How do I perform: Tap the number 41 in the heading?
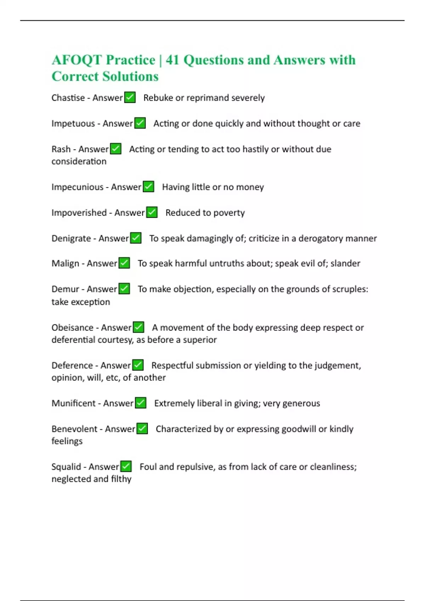172,60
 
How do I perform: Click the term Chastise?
68,98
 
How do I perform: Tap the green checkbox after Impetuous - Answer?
140,123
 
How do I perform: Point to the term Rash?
61,149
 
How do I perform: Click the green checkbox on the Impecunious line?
148,186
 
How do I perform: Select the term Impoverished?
79,212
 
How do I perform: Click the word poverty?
229,213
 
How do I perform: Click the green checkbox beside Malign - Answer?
124,263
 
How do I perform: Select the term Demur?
65,289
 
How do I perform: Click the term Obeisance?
72,328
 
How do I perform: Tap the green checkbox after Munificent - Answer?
141,403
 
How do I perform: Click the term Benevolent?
74,429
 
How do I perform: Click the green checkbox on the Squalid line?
126,466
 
